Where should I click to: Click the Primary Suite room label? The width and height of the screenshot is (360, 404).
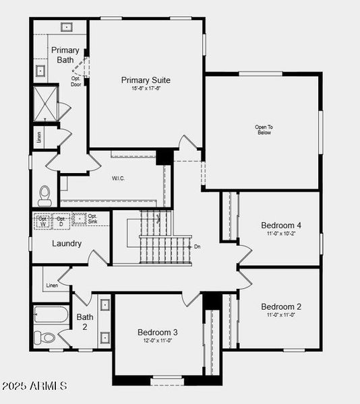(x=146, y=80)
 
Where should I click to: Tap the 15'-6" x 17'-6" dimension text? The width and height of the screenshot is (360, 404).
(x=146, y=89)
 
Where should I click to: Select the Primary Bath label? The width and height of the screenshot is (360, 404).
(x=65, y=55)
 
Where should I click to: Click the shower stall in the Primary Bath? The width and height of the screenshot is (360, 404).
(x=47, y=102)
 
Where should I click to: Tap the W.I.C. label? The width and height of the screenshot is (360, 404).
(x=119, y=178)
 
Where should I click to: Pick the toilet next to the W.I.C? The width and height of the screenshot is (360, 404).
(x=45, y=195)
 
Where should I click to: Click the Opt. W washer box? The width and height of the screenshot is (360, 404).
(x=43, y=220)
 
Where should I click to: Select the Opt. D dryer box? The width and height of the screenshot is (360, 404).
(x=61, y=220)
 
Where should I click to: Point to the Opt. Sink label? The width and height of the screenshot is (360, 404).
(x=93, y=219)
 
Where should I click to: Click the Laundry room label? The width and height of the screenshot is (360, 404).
(x=67, y=243)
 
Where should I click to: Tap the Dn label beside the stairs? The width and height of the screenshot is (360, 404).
(x=197, y=246)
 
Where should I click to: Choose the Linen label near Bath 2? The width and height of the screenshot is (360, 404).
(x=52, y=285)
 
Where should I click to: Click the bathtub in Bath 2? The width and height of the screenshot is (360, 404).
(x=51, y=315)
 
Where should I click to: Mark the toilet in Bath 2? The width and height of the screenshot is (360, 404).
(x=44, y=337)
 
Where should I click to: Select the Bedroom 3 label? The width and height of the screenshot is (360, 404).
(x=158, y=332)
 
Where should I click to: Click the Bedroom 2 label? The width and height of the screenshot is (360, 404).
(x=281, y=306)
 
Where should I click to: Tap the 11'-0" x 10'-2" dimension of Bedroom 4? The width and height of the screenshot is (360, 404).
(x=281, y=233)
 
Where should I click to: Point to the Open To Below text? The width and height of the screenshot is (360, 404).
(x=263, y=129)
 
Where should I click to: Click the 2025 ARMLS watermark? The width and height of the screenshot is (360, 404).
(x=34, y=386)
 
